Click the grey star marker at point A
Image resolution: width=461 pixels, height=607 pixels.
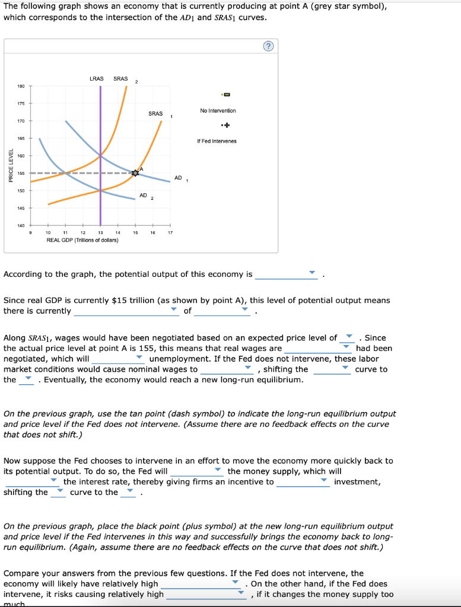[135, 173]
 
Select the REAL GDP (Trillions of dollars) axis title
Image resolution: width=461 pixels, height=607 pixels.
[82, 240]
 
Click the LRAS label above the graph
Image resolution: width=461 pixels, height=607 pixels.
[96, 78]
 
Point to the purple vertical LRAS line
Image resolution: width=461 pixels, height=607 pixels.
[100, 148]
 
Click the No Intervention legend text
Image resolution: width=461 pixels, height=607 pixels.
[218, 111]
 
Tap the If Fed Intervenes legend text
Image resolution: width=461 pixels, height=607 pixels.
[217, 141]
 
